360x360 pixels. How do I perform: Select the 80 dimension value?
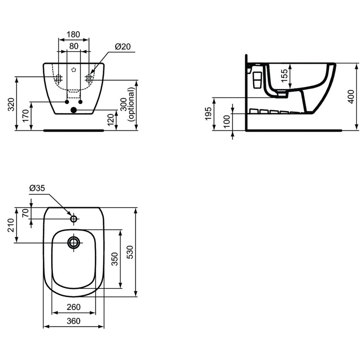[x=73, y=46]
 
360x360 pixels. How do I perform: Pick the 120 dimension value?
[x=110, y=120]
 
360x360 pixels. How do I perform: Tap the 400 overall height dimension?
[x=350, y=97]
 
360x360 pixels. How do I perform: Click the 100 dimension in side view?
[x=227, y=122]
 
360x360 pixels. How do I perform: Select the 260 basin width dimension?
[x=73, y=307]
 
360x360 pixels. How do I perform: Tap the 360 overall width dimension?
[x=73, y=321]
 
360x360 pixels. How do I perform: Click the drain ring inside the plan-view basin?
[x=74, y=242]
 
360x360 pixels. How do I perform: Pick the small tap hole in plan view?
[x=74, y=219]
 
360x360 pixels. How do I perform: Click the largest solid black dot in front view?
[x=74, y=110]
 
